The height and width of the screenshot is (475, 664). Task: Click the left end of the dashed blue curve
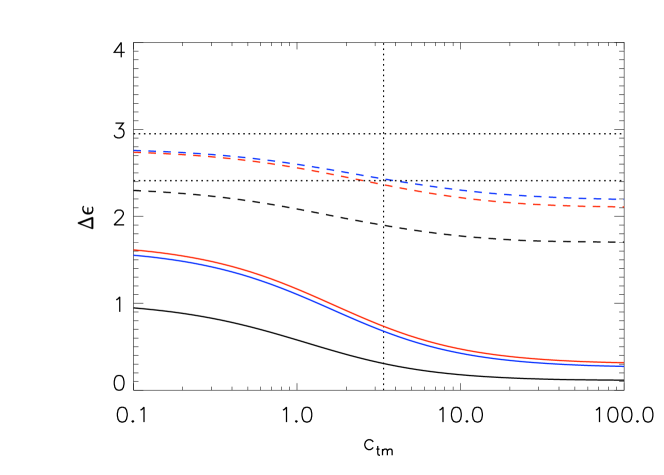coord(134,151)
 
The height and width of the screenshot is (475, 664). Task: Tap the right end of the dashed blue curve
coord(623,200)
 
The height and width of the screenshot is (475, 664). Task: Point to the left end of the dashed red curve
coord(134,153)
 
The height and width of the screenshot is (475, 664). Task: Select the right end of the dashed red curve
coord(623,206)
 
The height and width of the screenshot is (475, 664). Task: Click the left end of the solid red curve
coord(134,250)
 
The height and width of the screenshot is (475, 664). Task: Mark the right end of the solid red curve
coord(623,362)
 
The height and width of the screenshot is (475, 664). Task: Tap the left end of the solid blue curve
coord(134,255)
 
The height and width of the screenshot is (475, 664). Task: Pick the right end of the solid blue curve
coord(623,366)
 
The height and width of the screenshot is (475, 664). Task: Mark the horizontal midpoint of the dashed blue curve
coord(378,179)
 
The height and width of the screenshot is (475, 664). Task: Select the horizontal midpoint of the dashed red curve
coord(378,183)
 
